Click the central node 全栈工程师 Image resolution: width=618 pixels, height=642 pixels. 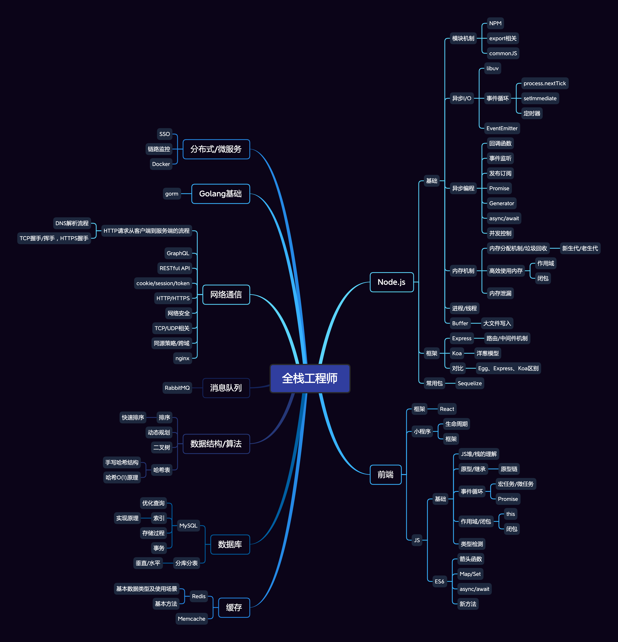click(310, 378)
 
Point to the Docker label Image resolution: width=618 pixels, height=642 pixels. click(161, 164)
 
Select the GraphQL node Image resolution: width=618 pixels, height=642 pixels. click(178, 253)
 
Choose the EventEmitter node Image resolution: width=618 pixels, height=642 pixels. click(502, 128)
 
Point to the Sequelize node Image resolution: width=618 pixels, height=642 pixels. click(470, 383)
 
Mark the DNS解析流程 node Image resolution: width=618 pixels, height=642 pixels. click(72, 223)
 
